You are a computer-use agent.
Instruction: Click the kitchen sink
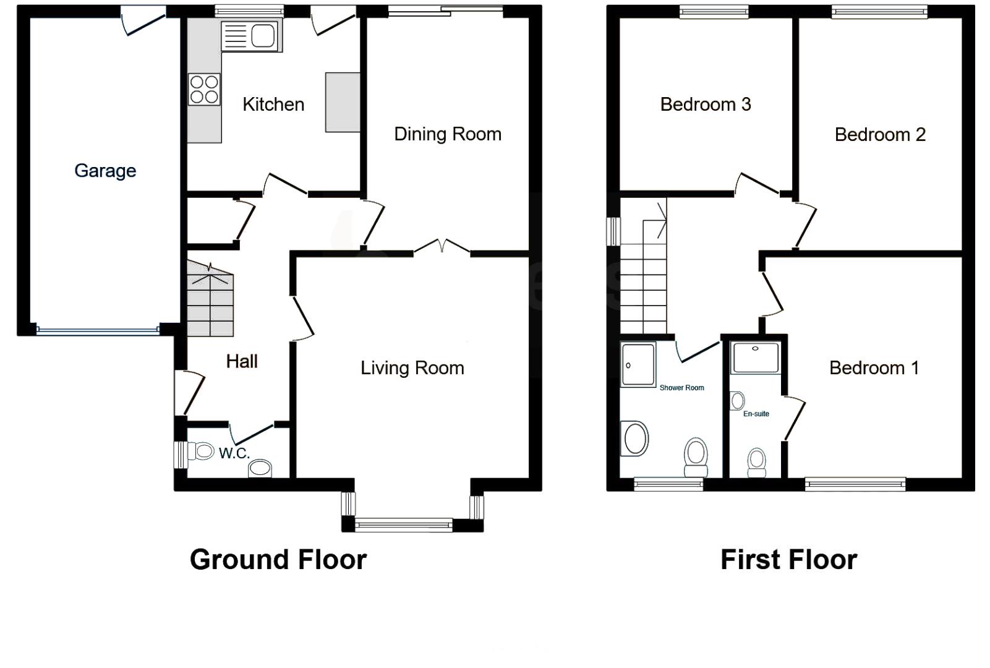tap(250, 35)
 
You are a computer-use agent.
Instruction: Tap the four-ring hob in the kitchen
tap(204, 89)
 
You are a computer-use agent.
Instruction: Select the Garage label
tap(105, 171)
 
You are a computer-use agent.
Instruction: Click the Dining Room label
tap(448, 134)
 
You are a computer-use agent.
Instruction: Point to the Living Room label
tap(412, 368)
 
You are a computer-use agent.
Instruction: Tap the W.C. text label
tap(234, 453)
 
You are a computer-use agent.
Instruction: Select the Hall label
tap(242, 361)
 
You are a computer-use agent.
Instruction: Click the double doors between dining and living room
tap(442, 247)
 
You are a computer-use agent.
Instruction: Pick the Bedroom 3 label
tap(706, 105)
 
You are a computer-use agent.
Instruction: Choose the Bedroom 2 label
tap(880, 135)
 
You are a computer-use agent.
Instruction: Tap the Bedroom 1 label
tap(874, 368)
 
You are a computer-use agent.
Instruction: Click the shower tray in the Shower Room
tap(638, 365)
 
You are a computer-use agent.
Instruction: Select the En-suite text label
tap(756, 414)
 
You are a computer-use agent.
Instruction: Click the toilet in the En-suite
tap(757, 463)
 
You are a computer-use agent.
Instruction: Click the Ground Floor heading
tap(278, 560)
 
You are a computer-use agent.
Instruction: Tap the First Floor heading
tap(788, 560)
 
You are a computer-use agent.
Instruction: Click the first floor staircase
tap(644, 278)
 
